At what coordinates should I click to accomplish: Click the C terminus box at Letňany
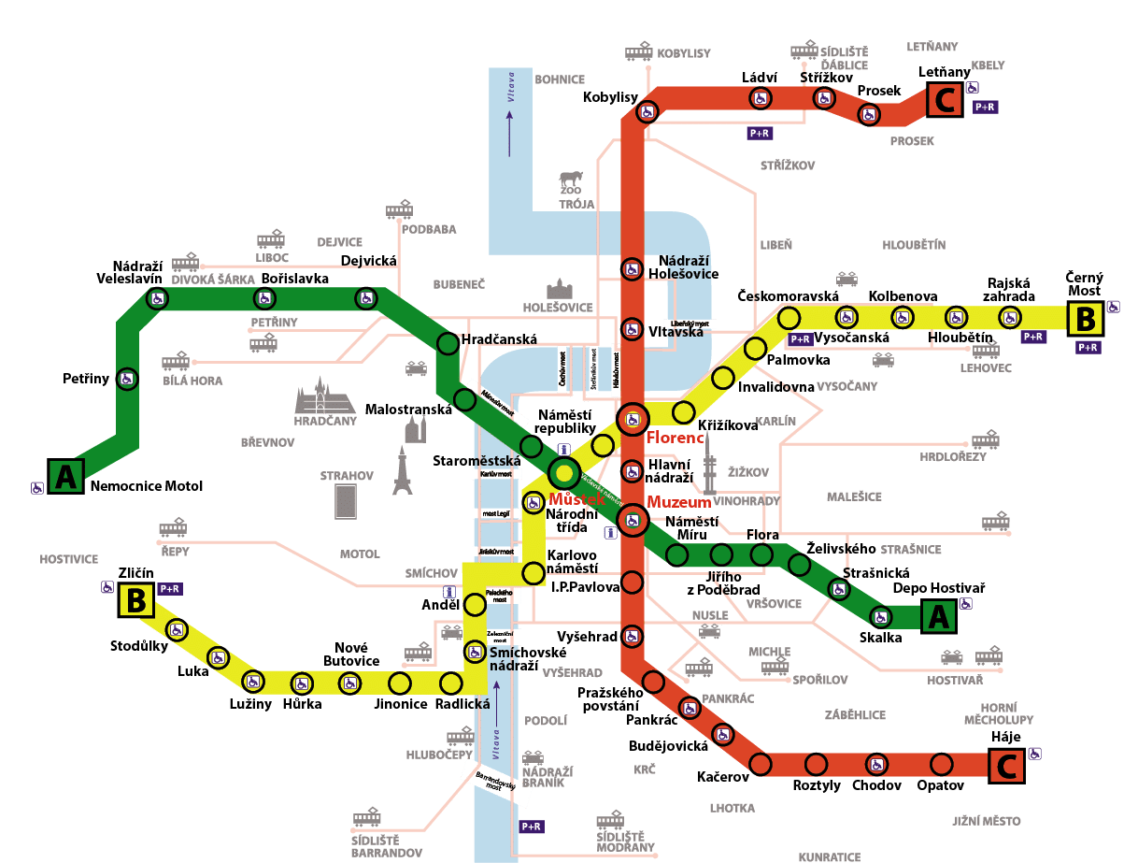pyautogui.click(x=945, y=100)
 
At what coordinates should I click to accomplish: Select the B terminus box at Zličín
pyautogui.click(x=135, y=600)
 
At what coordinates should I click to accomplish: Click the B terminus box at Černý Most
pyautogui.click(x=1085, y=319)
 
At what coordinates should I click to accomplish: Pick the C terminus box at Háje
pyautogui.click(x=1006, y=767)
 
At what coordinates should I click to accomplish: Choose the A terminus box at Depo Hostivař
pyautogui.click(x=939, y=617)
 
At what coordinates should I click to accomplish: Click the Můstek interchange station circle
pyautogui.click(x=564, y=472)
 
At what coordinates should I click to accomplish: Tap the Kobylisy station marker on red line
pyautogui.click(x=646, y=112)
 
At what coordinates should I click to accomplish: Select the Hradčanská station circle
pyautogui.click(x=448, y=343)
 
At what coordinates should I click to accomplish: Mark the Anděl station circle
pyautogui.click(x=475, y=605)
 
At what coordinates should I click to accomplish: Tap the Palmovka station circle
pyautogui.click(x=753, y=348)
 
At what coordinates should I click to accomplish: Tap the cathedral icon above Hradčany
pyautogui.click(x=324, y=398)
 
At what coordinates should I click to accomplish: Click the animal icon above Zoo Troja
pyautogui.click(x=570, y=180)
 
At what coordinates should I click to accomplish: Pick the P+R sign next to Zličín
pyautogui.click(x=170, y=589)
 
